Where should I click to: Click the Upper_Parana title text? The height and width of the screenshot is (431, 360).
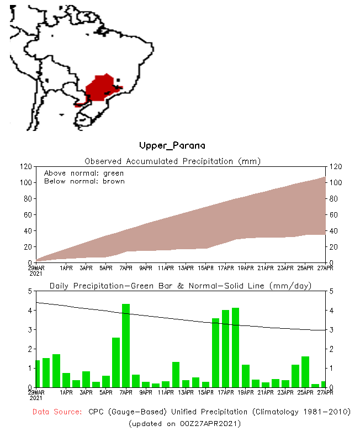pyautogui.click(x=172, y=146)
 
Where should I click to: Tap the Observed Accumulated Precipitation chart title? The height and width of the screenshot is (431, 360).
pyautogui.click(x=172, y=161)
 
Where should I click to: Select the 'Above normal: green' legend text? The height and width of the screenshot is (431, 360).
pyautogui.click(x=84, y=173)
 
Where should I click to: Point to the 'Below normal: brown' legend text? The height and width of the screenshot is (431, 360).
pyautogui.click(x=84, y=181)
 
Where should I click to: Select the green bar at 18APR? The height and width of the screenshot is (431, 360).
pyautogui.click(x=235, y=347)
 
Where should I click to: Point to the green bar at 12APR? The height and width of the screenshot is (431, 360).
pyautogui.click(x=176, y=374)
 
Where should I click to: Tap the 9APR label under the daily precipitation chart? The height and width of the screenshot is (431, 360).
pyautogui.click(x=146, y=392)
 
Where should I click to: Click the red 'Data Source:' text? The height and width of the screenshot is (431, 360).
pyautogui.click(x=57, y=412)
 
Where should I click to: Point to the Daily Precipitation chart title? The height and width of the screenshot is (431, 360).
pyautogui.click(x=180, y=286)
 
